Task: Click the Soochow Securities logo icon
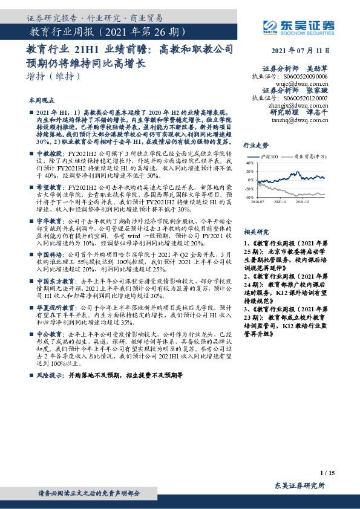[269, 25]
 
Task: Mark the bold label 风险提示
[47, 375]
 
